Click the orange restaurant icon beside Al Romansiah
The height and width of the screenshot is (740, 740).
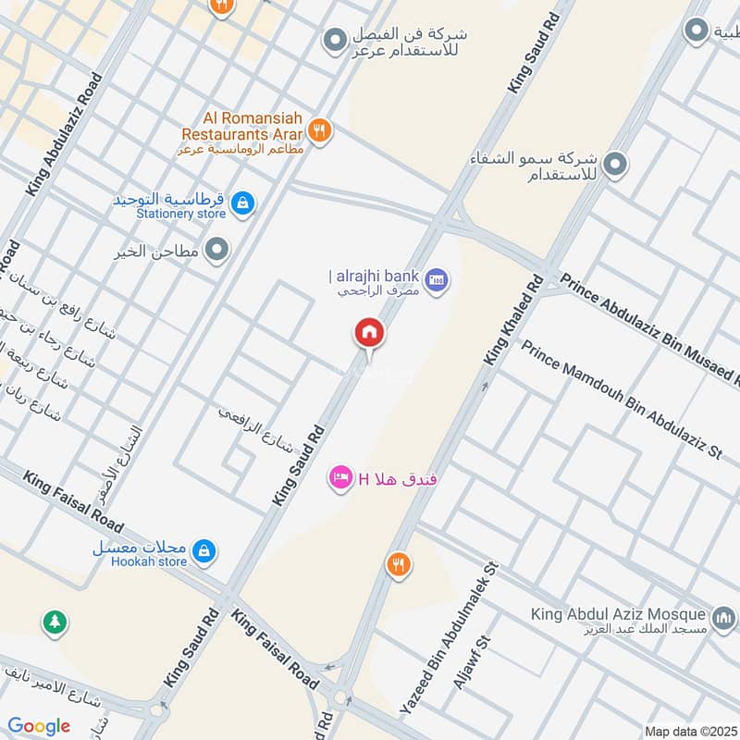pyautogui.click(x=320, y=130)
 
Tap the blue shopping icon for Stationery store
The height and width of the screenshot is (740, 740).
pyautogui.click(x=242, y=203)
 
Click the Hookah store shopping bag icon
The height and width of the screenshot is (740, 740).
pyautogui.click(x=204, y=552)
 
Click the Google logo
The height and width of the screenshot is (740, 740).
pyautogui.click(x=39, y=726)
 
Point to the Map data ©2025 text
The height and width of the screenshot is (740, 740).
pyautogui.click(x=688, y=731)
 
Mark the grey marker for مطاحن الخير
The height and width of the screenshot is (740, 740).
pyautogui.click(x=217, y=250)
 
